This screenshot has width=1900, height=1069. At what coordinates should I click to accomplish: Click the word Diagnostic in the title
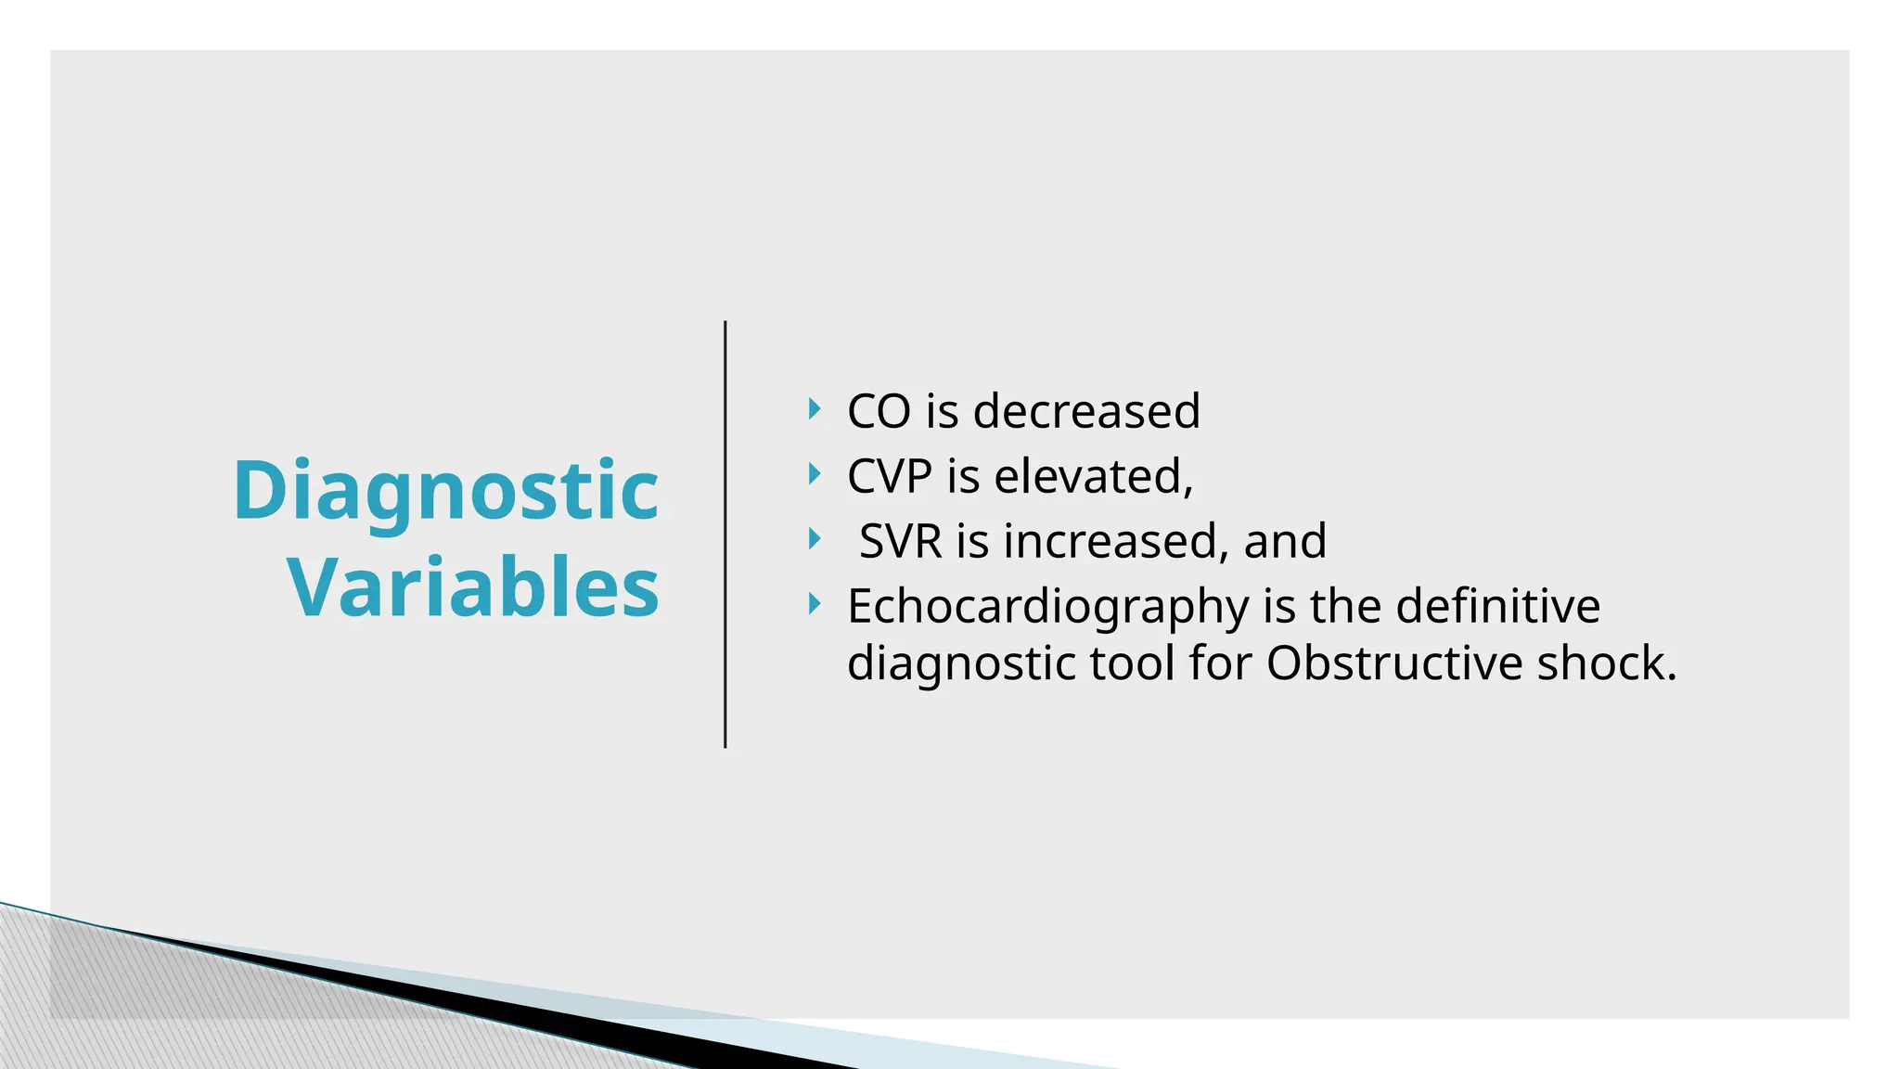445,491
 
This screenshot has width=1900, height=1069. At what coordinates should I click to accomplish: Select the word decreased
1086,411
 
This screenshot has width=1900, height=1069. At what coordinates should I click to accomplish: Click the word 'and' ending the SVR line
1285,541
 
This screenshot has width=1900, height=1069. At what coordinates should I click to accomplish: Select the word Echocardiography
1047,607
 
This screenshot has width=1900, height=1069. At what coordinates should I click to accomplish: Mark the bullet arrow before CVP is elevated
815,474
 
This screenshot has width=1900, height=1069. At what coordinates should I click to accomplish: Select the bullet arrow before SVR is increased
815,539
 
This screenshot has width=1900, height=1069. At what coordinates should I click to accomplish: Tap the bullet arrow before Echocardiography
815,605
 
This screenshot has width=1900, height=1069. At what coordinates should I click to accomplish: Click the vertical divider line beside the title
725,534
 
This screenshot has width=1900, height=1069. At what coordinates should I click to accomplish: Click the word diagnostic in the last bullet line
961,665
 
